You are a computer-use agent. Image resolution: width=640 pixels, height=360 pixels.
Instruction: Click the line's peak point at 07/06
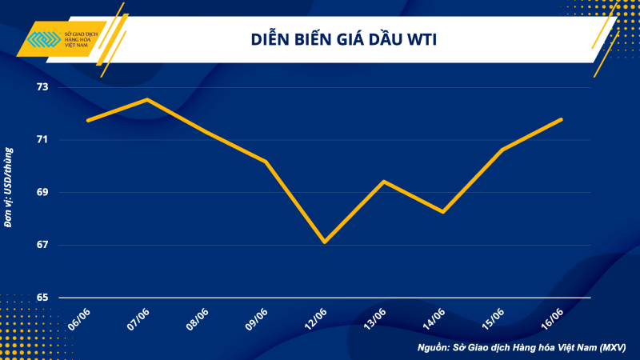pyautogui.click(x=146, y=99)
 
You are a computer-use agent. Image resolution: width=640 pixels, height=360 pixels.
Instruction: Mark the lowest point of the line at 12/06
pyautogui.click(x=324, y=242)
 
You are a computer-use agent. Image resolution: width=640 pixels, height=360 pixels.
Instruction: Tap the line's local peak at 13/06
pyautogui.click(x=384, y=182)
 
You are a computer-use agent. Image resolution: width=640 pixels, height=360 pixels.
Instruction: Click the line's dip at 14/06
pyautogui.click(x=443, y=212)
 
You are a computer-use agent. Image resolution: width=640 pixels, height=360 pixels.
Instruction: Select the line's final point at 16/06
pyautogui.click(x=562, y=119)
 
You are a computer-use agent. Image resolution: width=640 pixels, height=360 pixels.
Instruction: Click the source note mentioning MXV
pyautogui.click(x=521, y=347)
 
